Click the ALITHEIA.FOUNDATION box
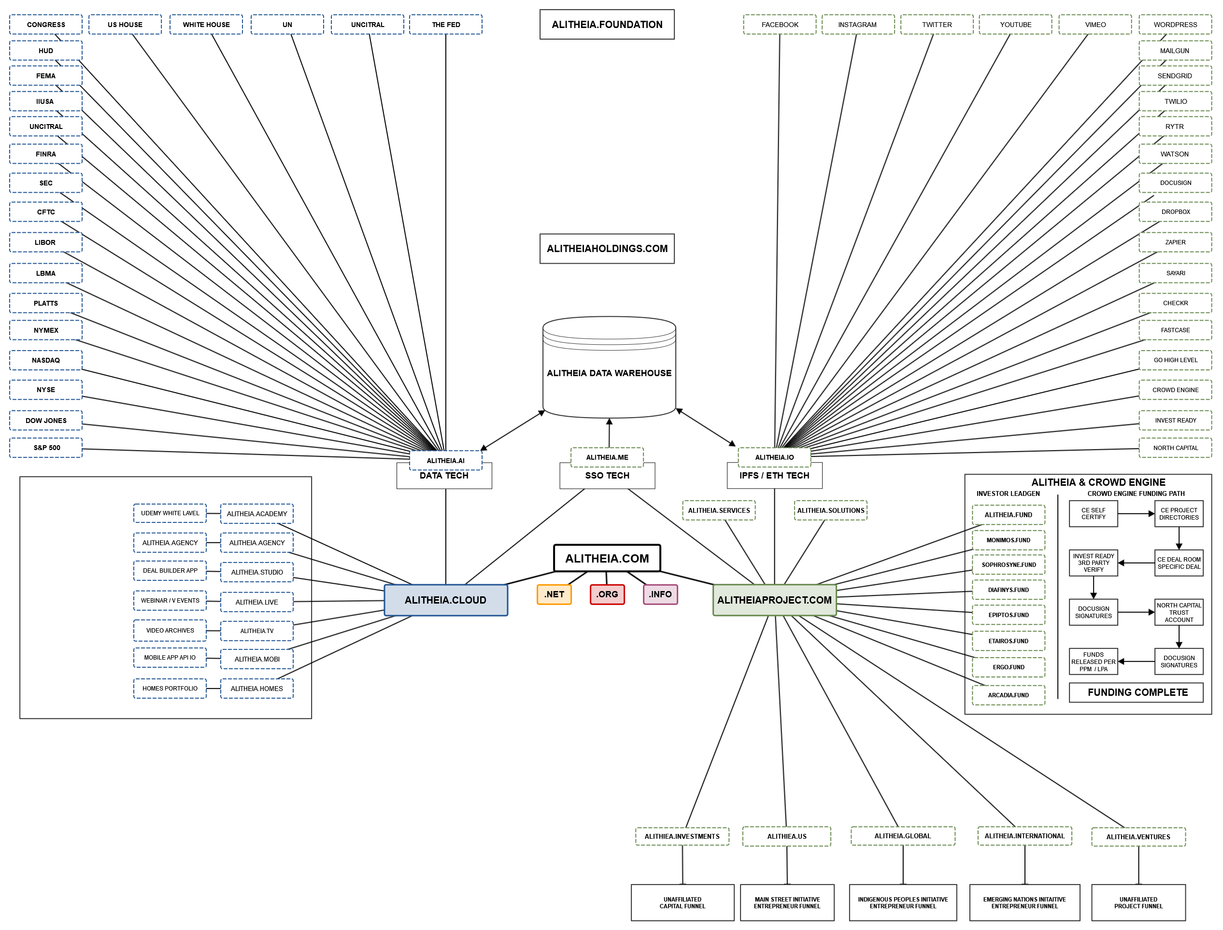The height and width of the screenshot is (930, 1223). (607, 24)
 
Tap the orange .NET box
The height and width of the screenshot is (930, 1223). (554, 594)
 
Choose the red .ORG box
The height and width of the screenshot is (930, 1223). (607, 594)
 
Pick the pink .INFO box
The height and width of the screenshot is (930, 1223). (660, 594)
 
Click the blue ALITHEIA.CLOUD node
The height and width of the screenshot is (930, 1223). (445, 600)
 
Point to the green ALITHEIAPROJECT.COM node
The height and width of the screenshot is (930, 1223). (774, 600)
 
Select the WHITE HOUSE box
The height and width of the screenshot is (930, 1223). (206, 24)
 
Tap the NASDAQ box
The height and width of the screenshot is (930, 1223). (45, 360)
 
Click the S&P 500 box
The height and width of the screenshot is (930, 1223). (45, 448)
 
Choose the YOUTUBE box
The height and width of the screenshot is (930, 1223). (1015, 24)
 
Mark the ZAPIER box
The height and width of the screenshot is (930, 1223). (1175, 242)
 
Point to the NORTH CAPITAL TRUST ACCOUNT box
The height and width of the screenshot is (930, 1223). (1179, 612)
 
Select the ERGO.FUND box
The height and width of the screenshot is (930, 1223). (1008, 667)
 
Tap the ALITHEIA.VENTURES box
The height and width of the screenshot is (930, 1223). (1138, 837)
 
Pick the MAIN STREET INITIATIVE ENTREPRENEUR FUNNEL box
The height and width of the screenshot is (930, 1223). (787, 903)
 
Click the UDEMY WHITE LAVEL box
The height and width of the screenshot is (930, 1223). (170, 513)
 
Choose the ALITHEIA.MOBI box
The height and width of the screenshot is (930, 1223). (257, 659)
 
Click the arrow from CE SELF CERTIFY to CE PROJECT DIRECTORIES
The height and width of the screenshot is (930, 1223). (1136, 514)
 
